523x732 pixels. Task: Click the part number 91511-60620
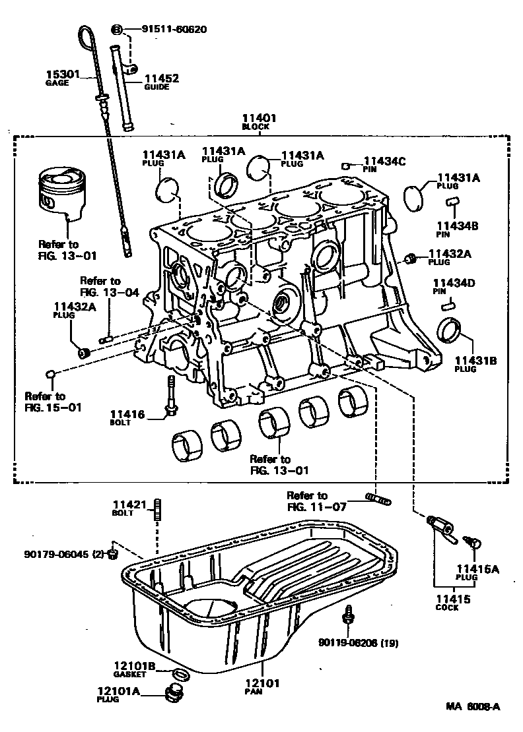click(x=174, y=29)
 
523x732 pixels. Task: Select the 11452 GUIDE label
click(x=161, y=82)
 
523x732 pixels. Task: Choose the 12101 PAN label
click(x=263, y=687)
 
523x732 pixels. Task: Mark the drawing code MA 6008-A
click(x=472, y=707)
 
